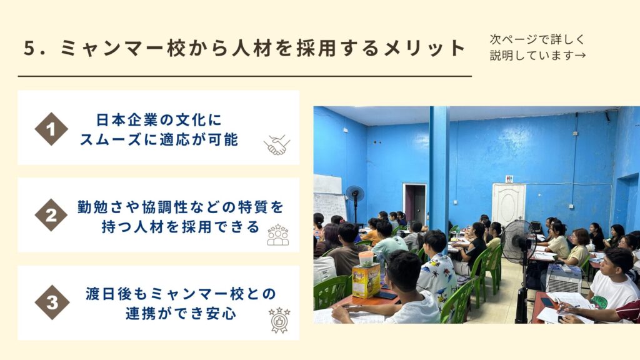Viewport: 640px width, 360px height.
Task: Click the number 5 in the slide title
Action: click(x=29, y=48)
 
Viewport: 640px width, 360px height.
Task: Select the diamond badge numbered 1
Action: click(x=51, y=129)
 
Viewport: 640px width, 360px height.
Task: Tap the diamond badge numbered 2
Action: click(x=51, y=215)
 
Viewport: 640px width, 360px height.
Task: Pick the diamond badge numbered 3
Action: click(x=52, y=302)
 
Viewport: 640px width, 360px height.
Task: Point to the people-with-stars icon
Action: click(x=278, y=235)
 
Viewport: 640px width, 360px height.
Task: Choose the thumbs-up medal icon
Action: click(x=279, y=320)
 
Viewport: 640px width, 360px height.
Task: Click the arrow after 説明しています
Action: click(x=580, y=55)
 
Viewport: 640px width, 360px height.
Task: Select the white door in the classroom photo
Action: click(x=509, y=204)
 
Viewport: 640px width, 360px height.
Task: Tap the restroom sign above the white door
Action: click(x=509, y=179)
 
